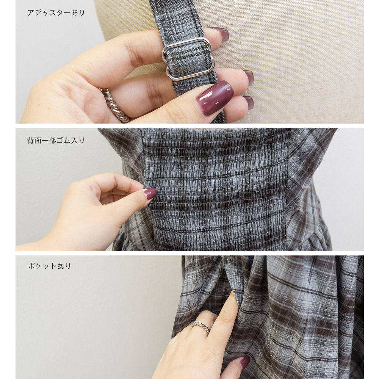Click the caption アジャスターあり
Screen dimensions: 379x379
[x=56, y=13]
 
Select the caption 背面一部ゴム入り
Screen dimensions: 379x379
[x=56, y=141]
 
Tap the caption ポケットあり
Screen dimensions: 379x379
[x=50, y=266]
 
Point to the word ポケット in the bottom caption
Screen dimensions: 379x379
[x=42, y=266]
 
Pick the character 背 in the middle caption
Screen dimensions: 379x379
[x=31, y=141]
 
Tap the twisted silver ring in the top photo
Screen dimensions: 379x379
[x=115, y=105]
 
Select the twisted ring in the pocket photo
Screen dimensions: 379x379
[x=200, y=327]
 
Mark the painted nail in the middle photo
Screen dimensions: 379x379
[x=150, y=193]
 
